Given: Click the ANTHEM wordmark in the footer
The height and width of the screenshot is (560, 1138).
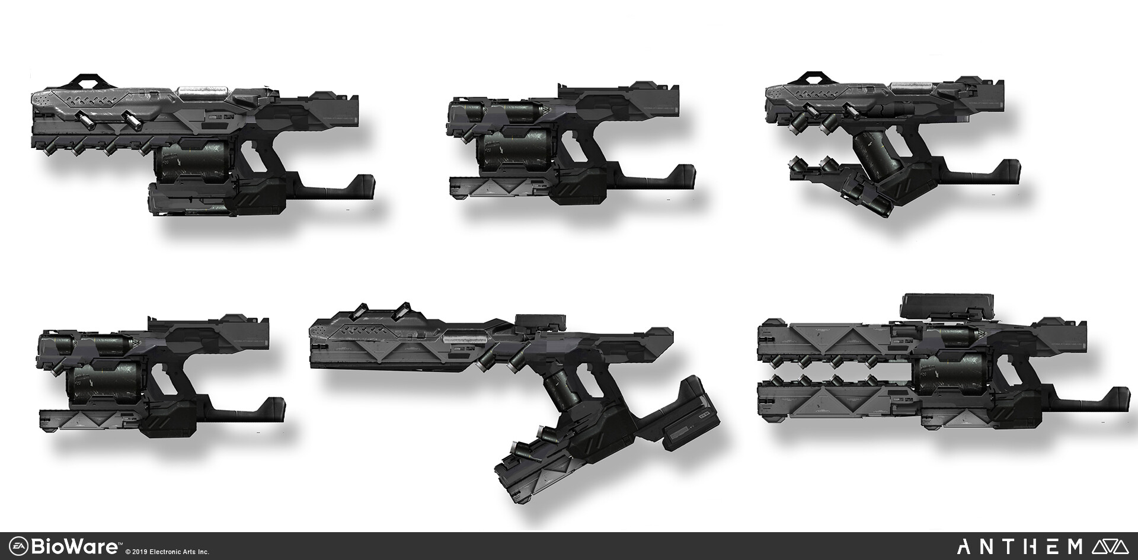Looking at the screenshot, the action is click(x=1019, y=546).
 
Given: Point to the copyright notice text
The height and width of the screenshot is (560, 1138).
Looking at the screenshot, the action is click(x=167, y=552).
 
